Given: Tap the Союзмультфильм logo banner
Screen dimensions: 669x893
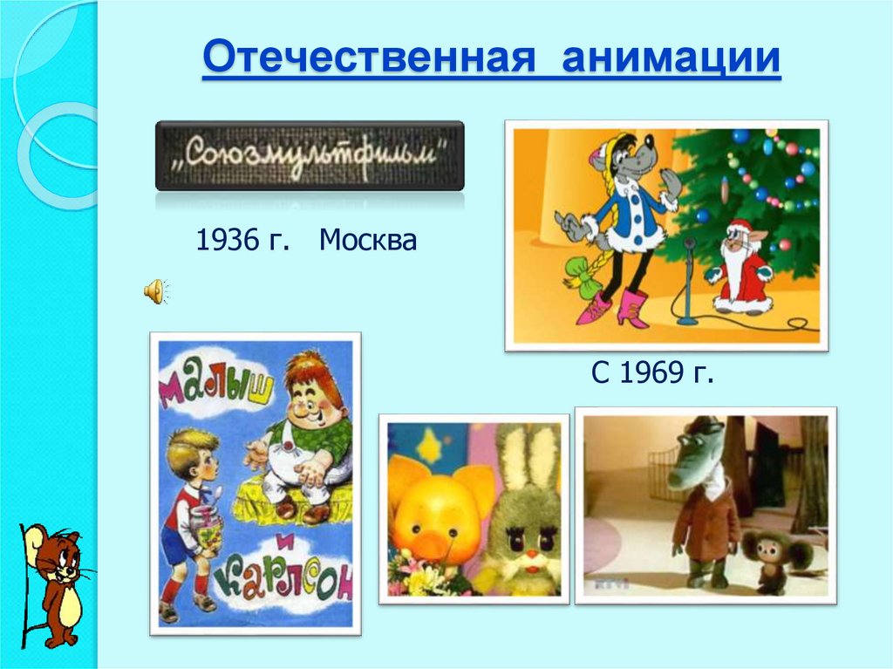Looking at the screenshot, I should tap(310, 156).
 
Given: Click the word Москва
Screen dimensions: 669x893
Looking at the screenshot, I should tap(367, 240).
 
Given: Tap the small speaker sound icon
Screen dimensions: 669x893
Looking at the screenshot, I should tap(155, 292).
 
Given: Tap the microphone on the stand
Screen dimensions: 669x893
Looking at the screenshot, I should tap(688, 248).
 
